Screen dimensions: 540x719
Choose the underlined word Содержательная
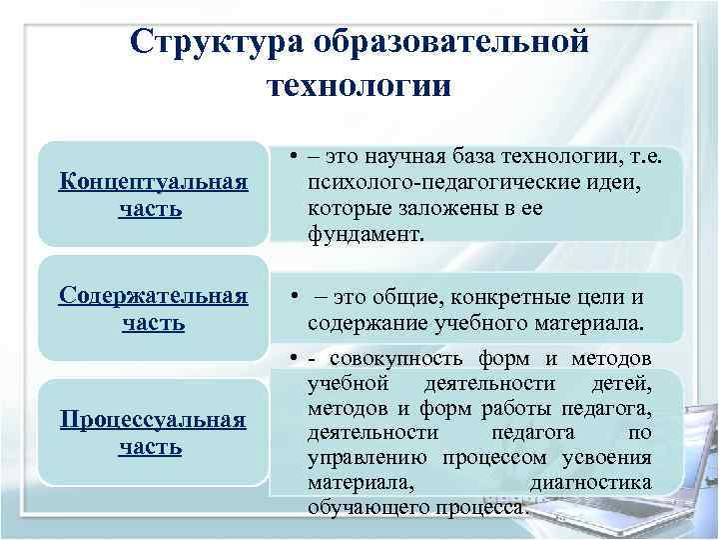[x=153, y=297]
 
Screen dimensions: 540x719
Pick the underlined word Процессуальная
[x=153, y=419]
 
